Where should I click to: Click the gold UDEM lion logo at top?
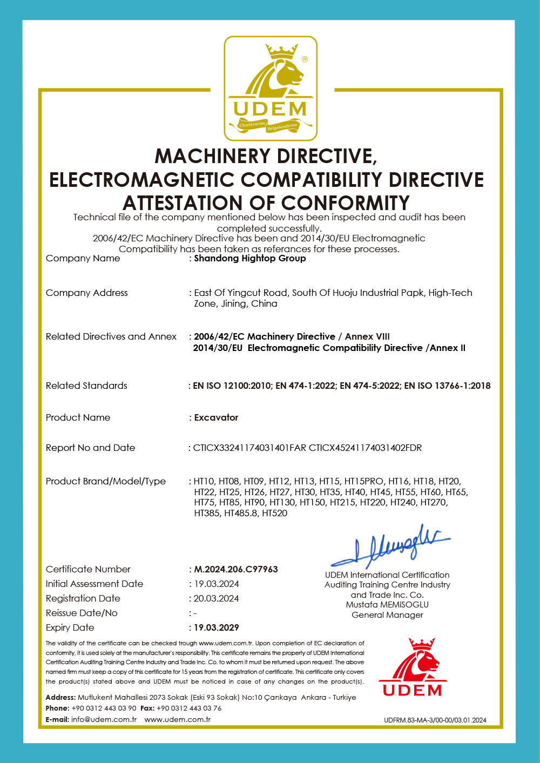click(271, 89)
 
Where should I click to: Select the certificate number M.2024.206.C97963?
click(236, 569)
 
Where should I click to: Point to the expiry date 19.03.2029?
click(216, 627)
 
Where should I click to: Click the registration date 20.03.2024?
click(216, 598)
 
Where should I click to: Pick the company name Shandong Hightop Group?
click(250, 258)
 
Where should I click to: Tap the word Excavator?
click(216, 417)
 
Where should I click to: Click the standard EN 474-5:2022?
click(370, 386)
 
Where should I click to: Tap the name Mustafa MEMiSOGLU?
click(387, 605)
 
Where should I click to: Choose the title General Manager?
click(387, 615)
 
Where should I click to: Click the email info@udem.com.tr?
click(104, 719)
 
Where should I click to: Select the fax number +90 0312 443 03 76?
click(189, 708)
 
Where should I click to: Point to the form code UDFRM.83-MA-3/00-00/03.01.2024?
click(435, 720)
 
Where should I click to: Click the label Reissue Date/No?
click(82, 613)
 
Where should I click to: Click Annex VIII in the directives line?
click(367, 336)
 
